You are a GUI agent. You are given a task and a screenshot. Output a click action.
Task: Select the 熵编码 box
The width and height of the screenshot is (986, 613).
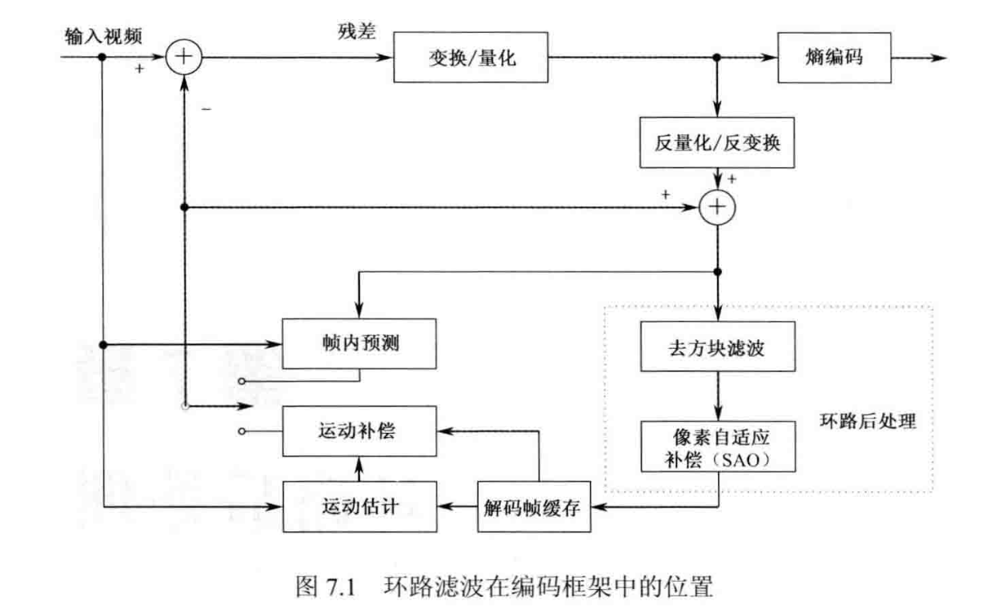[x=835, y=58]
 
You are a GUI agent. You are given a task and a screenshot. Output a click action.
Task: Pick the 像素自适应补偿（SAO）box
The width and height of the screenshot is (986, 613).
[x=718, y=447]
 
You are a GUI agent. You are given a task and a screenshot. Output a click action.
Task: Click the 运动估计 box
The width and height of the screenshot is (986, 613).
[x=359, y=507]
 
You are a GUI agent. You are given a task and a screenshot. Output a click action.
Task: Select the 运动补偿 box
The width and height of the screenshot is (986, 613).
[x=359, y=432]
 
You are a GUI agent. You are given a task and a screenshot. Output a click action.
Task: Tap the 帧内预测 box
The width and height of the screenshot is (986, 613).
[x=359, y=345]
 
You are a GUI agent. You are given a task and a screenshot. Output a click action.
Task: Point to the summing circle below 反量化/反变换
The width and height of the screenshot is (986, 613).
[x=718, y=207]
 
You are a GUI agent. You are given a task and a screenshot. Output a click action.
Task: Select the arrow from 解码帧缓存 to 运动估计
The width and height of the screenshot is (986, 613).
[x=457, y=507]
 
